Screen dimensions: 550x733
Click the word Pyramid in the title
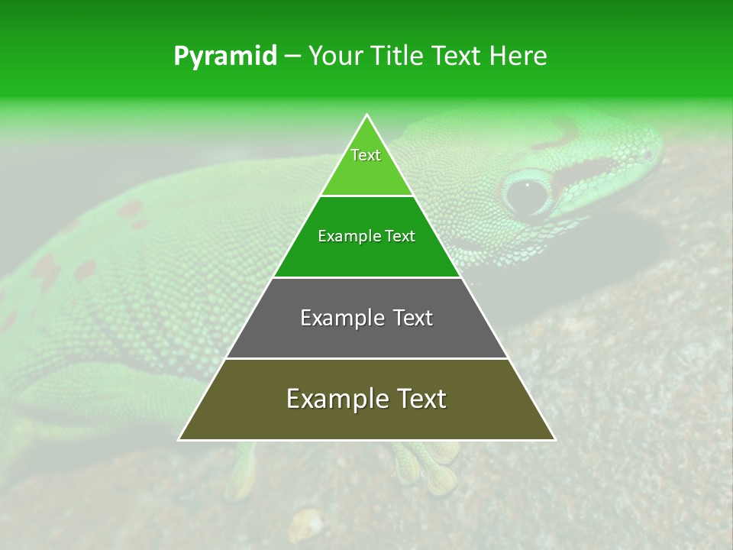[224, 56]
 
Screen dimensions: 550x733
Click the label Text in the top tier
[366, 155]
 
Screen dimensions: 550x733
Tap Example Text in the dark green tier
[366, 236]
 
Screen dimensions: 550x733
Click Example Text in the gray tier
[366, 318]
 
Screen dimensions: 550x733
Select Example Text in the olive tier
[366, 399]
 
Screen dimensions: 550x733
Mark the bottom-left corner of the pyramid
[179, 439]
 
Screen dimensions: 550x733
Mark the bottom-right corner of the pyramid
[554, 439]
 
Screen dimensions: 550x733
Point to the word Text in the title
[457, 56]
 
